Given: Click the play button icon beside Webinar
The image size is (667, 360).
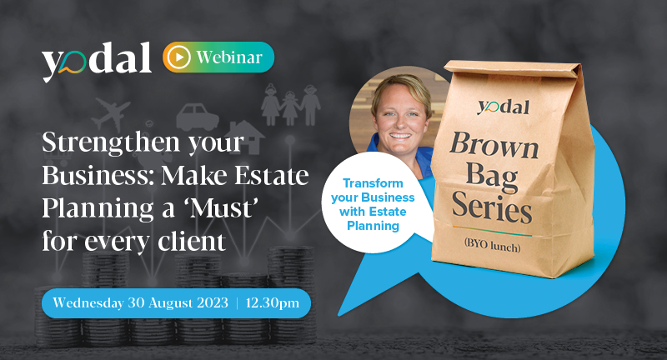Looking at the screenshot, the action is pyautogui.click(x=178, y=57).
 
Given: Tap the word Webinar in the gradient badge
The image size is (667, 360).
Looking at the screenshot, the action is pyautogui.click(x=229, y=57).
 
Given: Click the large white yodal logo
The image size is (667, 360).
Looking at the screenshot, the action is pyautogui.click(x=97, y=61).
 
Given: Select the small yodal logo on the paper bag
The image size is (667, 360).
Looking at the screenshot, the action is pyautogui.click(x=504, y=107).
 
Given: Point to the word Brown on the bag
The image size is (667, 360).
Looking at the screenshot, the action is pyautogui.click(x=494, y=145).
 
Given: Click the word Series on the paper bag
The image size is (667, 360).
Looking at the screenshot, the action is pyautogui.click(x=492, y=207).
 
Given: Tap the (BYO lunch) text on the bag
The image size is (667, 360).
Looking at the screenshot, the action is pyautogui.click(x=492, y=245).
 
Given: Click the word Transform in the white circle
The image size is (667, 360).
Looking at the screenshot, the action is pyautogui.click(x=373, y=183).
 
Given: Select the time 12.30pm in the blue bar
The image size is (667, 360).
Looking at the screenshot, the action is pyautogui.click(x=273, y=303).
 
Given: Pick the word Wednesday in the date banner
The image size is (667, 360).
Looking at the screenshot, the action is pyautogui.click(x=88, y=302).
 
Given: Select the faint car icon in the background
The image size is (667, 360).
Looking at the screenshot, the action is pyautogui.click(x=198, y=117).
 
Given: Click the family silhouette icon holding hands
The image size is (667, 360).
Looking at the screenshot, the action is pyautogui.click(x=290, y=104).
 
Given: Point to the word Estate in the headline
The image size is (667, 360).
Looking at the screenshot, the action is pyautogui.click(x=272, y=175).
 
